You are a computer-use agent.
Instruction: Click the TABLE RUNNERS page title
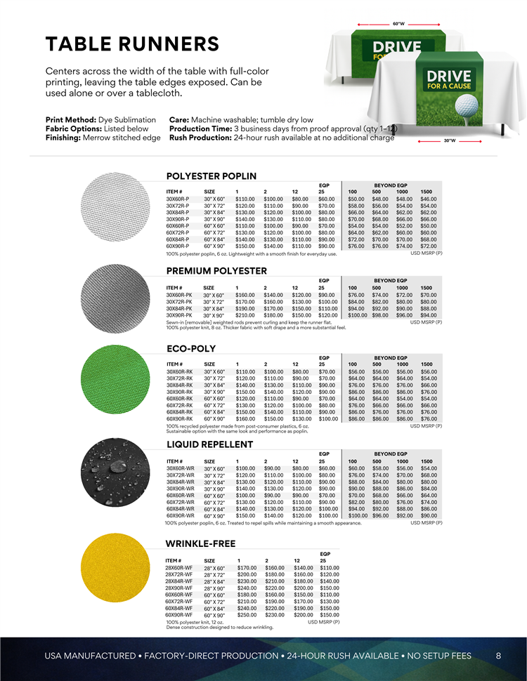pos(132,44)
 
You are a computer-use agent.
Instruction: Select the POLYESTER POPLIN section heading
pos(211,176)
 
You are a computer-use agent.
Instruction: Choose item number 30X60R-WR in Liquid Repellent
pos(181,468)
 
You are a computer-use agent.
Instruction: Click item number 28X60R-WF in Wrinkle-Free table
pos(178,567)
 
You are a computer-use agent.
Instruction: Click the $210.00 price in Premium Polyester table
pos(245,315)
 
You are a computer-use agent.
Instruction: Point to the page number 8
pos(498,656)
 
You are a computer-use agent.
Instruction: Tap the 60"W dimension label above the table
pos(398,24)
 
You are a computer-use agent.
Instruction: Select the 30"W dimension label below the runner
pos(450,140)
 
